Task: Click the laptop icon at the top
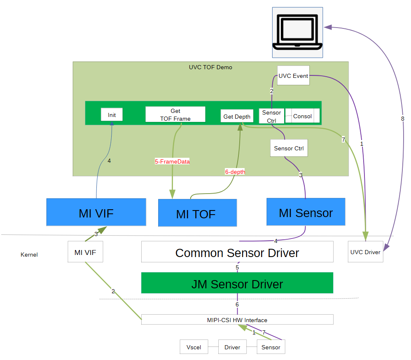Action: tap(297, 32)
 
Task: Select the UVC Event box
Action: tap(293, 76)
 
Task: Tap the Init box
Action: tap(112, 115)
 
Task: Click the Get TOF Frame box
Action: tap(175, 115)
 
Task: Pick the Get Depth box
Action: tap(237, 117)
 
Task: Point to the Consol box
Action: tap(302, 116)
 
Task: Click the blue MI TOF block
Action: tap(197, 213)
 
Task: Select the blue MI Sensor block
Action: tap(306, 212)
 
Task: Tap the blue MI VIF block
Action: tap(96, 212)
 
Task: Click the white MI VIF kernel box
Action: tap(85, 252)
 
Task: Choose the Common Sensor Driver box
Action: tap(237, 252)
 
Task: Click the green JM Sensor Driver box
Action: tap(237, 283)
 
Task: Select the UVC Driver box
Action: tap(365, 252)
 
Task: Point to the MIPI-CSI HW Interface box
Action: tap(237, 320)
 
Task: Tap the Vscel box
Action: tap(194, 347)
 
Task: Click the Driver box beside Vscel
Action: tap(232, 347)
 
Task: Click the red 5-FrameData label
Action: tap(172, 162)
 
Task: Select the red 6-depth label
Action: tap(235, 172)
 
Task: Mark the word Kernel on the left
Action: tap(29, 255)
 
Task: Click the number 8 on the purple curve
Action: tap(402, 119)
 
